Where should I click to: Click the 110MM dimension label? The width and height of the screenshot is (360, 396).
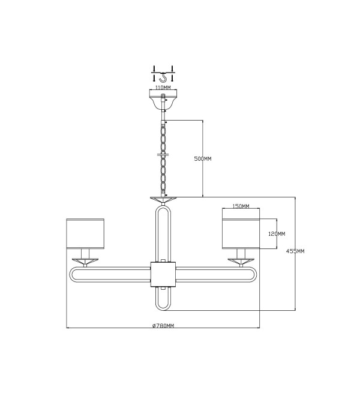click(163, 88)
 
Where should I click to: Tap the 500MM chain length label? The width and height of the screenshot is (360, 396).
click(203, 159)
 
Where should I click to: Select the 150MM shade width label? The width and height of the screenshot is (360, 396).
click(241, 206)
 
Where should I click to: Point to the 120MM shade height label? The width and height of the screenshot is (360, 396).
click(277, 234)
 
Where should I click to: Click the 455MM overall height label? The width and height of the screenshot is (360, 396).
click(295, 251)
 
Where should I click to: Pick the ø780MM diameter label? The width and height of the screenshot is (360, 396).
click(163, 326)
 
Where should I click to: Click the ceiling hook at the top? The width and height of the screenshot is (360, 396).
click(163, 77)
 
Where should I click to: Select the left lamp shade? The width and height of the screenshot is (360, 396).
click(85, 234)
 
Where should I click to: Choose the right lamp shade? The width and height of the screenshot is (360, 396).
click(241, 234)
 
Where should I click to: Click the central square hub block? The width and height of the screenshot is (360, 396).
click(163, 274)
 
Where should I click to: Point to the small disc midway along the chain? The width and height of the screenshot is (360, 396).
click(163, 154)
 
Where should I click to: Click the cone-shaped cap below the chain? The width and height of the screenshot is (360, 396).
click(163, 200)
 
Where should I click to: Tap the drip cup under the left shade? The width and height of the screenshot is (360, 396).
click(85, 261)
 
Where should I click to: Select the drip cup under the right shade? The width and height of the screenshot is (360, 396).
click(241, 261)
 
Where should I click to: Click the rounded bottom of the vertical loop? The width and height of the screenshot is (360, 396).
click(163, 310)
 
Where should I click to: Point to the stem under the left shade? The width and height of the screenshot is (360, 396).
click(85, 254)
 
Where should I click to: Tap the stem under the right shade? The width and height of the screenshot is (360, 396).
click(241, 254)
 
